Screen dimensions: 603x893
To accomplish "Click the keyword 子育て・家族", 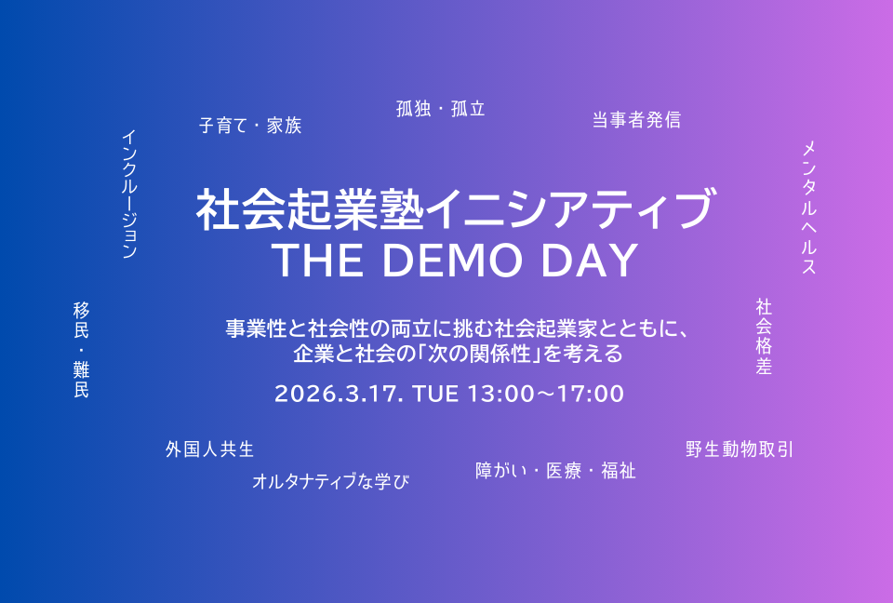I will pyautogui.click(x=250, y=126).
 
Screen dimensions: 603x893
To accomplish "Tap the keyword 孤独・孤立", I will pyautogui.click(x=441, y=109).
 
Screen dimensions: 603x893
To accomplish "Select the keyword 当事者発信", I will pyautogui.click(x=636, y=120).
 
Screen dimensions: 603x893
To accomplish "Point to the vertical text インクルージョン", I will pyautogui.click(x=129, y=194).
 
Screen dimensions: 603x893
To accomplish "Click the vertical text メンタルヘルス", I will pyautogui.click(x=808, y=208).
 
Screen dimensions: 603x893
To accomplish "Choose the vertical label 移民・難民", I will pyautogui.click(x=81, y=350).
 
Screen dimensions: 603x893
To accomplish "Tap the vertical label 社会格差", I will pyautogui.click(x=764, y=336).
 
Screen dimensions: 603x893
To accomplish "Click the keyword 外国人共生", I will pyautogui.click(x=210, y=449).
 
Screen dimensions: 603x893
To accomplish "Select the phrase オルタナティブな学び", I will pyautogui.click(x=330, y=481).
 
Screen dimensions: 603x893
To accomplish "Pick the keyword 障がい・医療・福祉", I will pyautogui.click(x=555, y=471).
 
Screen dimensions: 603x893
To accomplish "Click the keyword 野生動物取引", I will pyautogui.click(x=740, y=449).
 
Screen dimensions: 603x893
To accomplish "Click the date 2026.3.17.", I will pyautogui.click(x=340, y=394).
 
